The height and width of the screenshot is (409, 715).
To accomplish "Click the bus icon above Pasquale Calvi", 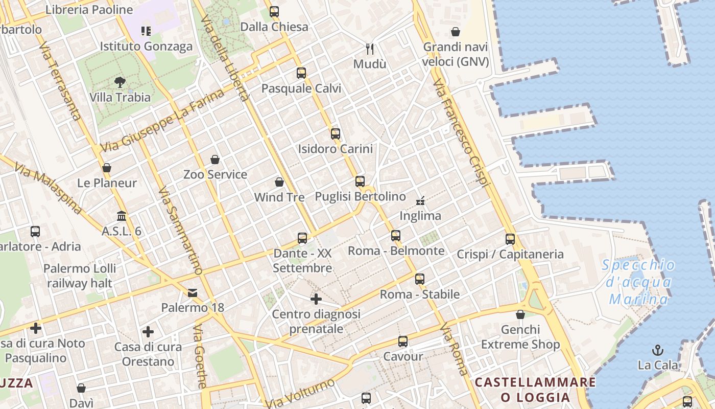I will click(301, 73).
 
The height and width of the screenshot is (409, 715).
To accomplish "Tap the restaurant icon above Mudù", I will click(370, 49).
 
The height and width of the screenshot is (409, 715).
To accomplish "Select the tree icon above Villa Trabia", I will click(120, 82).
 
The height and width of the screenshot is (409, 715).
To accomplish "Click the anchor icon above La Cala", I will click(658, 350).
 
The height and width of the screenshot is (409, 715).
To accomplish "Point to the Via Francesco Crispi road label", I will click(461, 133).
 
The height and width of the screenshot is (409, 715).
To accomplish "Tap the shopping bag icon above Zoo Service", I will click(215, 160).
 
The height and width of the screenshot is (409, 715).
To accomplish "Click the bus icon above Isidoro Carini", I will click(336, 134).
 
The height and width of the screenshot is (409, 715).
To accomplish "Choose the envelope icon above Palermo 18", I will click(193, 293).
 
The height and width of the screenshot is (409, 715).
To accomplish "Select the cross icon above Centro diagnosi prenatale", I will click(316, 299).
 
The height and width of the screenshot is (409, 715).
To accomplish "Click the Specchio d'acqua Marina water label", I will click(638, 282).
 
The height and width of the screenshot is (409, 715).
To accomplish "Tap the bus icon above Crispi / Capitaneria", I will click(510, 239).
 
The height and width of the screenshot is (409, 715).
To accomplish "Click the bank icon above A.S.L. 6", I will click(122, 216).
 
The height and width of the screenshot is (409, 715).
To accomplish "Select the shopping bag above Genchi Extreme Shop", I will click(520, 314).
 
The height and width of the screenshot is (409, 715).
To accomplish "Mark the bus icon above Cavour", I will click(403, 342).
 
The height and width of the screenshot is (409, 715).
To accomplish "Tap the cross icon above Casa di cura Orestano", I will click(148, 332).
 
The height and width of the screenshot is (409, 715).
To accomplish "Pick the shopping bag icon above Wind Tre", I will click(279, 182).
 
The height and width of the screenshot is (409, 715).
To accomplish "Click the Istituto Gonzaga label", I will click(146, 47).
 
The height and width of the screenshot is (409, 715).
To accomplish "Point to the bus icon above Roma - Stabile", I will click(420, 279).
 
